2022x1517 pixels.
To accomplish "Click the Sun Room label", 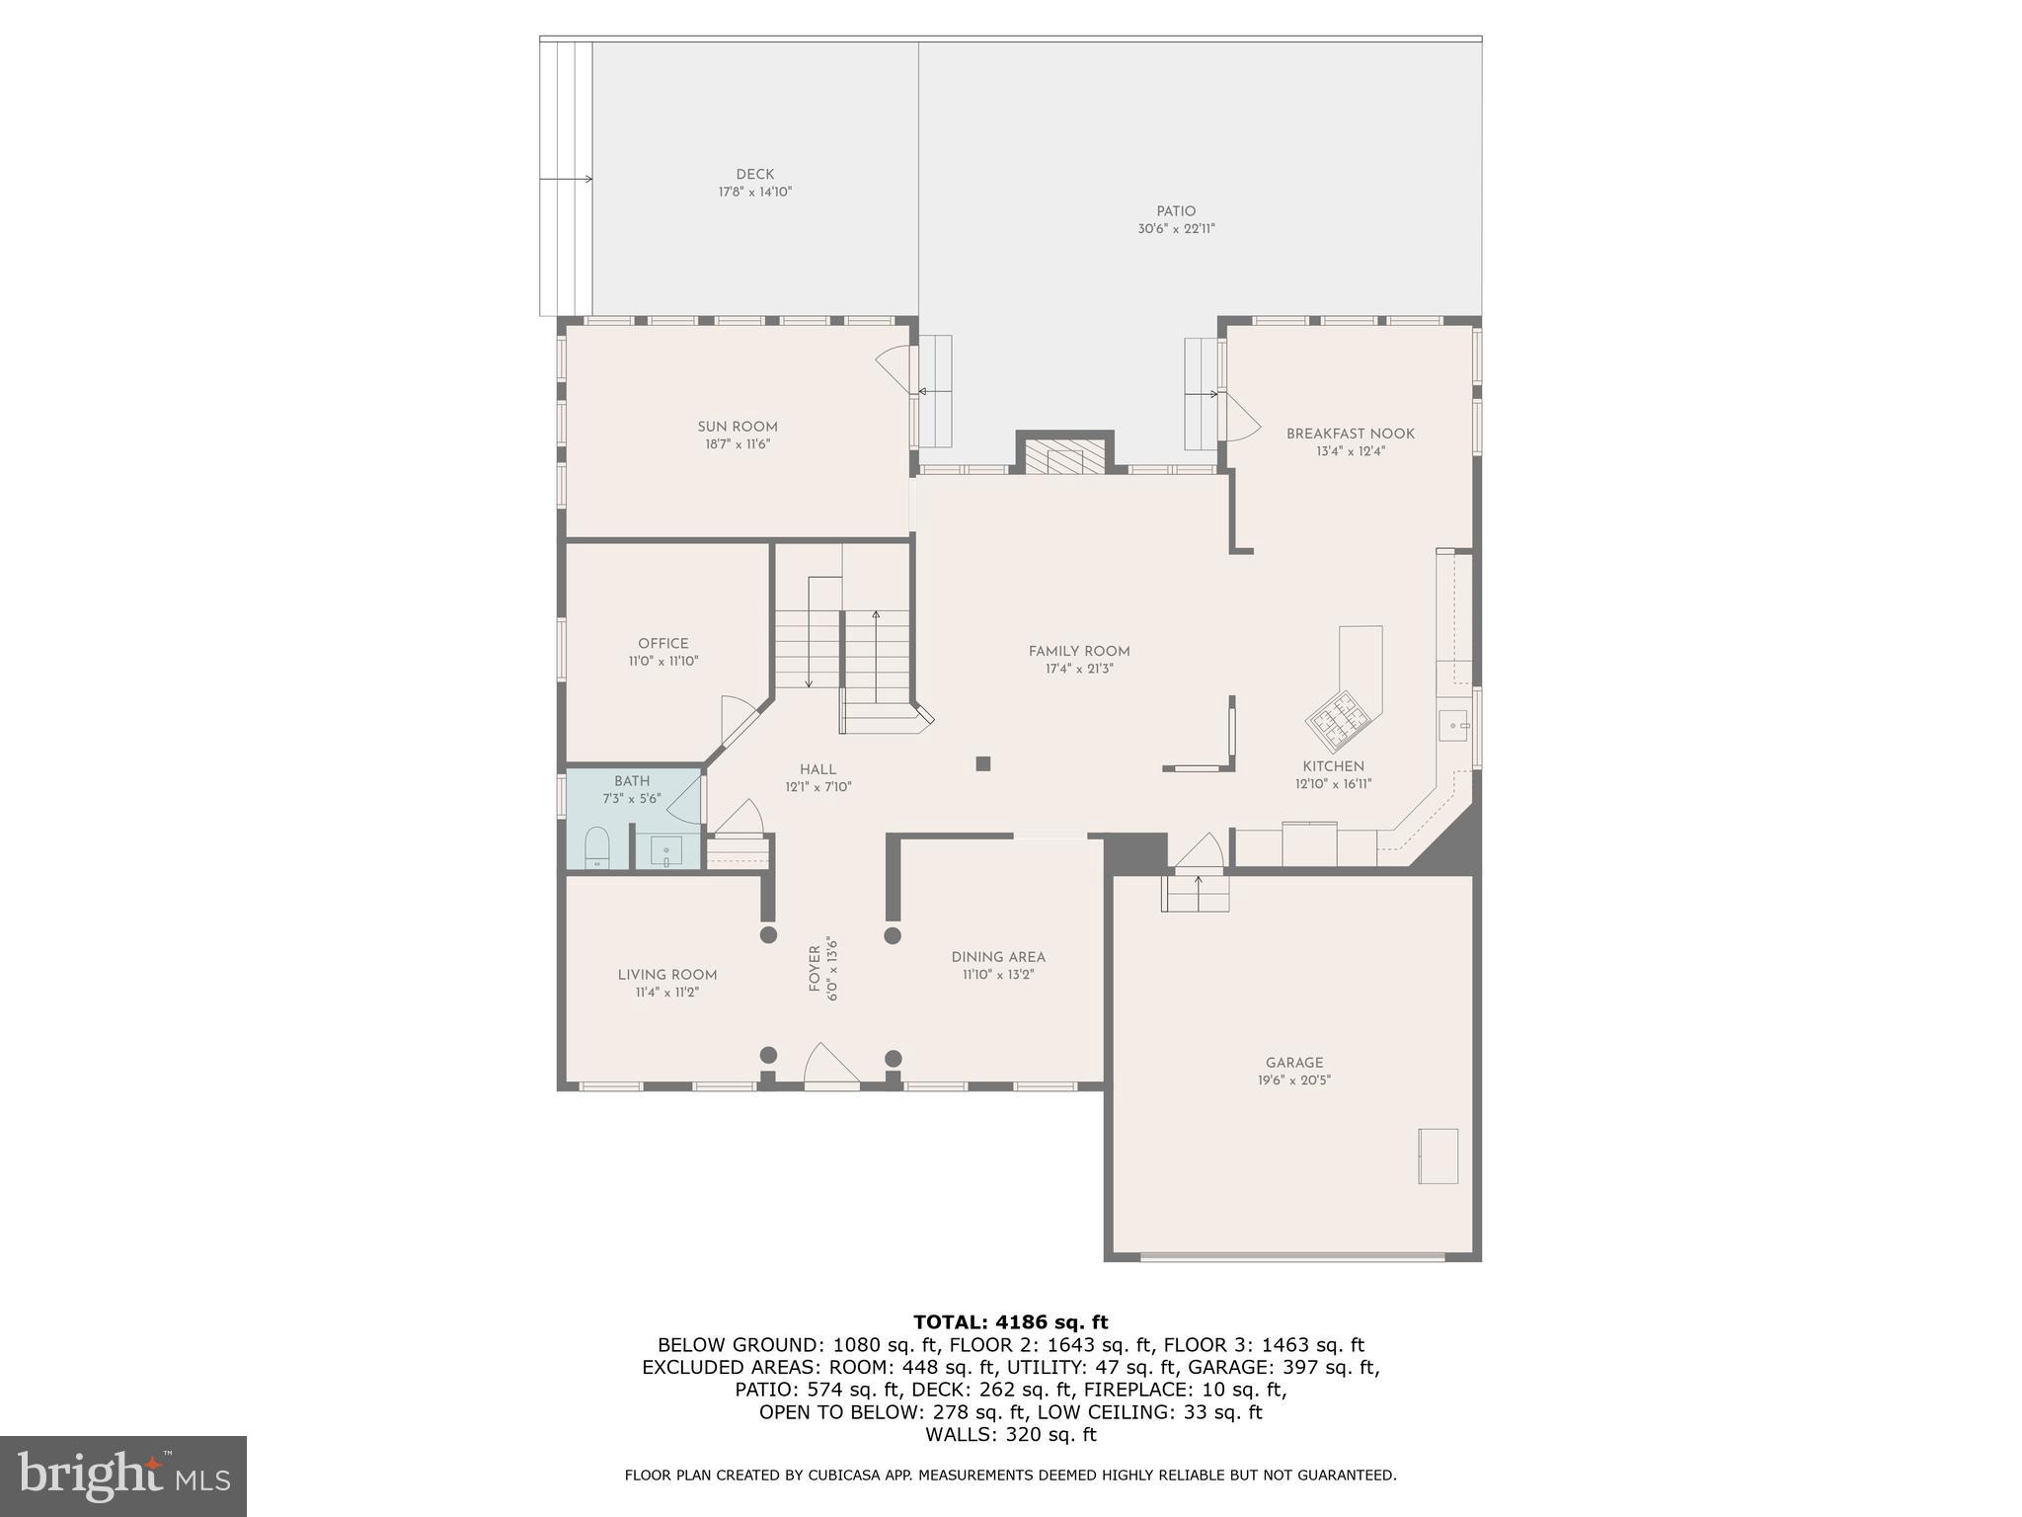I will [x=738, y=427].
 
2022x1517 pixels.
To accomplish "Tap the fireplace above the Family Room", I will [x=1064, y=456].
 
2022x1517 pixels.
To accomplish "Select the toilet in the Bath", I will [x=597, y=847].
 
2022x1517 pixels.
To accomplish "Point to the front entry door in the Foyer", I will [x=831, y=1068].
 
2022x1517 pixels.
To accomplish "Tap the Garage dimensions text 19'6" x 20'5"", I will [x=1293, y=1080].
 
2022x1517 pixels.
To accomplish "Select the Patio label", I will [x=1176, y=211].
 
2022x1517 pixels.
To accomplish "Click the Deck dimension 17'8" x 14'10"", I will [x=755, y=193].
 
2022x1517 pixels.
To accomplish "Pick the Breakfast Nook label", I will [x=1350, y=434].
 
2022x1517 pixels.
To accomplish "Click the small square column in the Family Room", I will [x=982, y=763].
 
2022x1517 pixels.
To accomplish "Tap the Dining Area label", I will [x=998, y=957].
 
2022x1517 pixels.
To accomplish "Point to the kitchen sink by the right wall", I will [x=1455, y=726].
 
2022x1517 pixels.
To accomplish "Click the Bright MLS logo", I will [x=123, y=1476].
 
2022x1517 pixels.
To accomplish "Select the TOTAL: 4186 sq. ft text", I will [x=1010, y=1322].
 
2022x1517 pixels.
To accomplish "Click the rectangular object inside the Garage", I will [x=1438, y=1156].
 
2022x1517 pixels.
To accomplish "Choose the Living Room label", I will [x=667, y=975].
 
